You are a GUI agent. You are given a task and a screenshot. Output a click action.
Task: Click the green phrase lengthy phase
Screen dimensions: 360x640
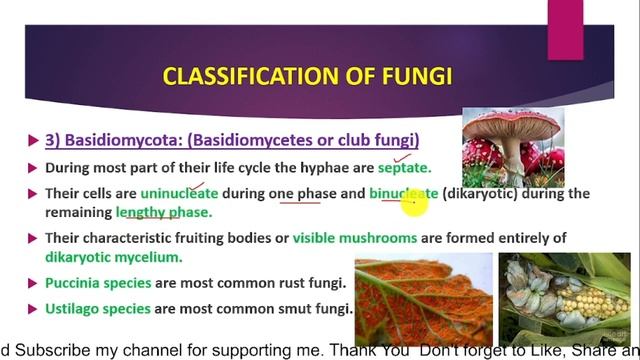[164, 212]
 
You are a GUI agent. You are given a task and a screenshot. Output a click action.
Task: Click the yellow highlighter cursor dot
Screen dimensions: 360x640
[413, 205]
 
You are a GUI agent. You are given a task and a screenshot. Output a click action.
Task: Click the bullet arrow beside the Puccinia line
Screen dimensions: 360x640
[34, 283]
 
